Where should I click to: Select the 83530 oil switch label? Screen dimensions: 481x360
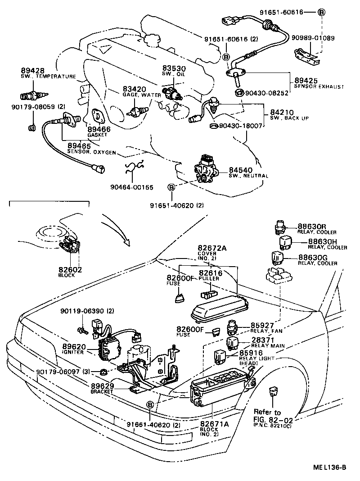tap(173, 68)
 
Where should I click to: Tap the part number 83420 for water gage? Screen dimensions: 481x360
tap(133, 90)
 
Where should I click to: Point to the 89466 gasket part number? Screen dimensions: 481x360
tap(99, 129)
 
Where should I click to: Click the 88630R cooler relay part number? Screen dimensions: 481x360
tap(314, 227)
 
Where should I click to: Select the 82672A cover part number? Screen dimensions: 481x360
tap(214, 248)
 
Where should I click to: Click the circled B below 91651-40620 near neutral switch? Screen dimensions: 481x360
tap(171, 187)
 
